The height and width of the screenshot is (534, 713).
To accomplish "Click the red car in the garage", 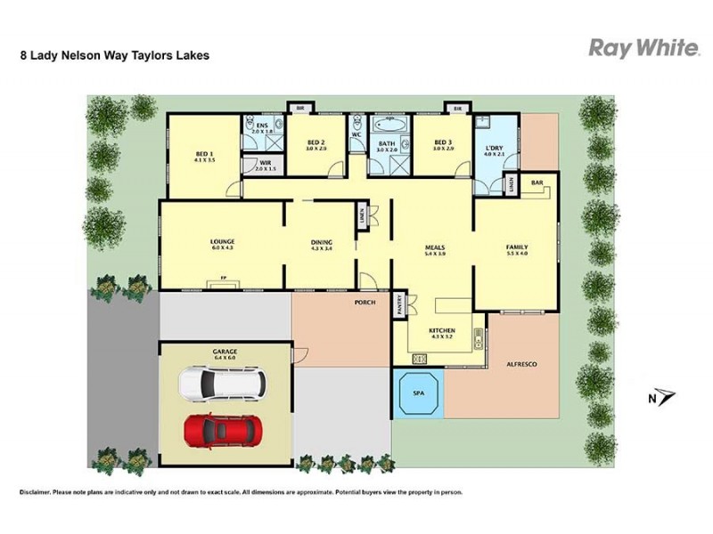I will [222, 430].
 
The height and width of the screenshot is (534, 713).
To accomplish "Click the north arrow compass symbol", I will [662, 398].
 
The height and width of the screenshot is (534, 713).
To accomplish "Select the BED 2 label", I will [317, 144].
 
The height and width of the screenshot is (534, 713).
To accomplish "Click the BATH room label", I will [386, 144].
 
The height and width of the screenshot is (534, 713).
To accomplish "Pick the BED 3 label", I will [444, 144].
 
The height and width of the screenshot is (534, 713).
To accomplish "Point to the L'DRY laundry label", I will [494, 150].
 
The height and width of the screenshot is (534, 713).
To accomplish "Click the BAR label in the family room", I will [537, 182].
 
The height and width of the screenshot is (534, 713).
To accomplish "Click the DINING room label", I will [321, 243].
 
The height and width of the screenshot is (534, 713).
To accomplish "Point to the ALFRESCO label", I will [521, 365].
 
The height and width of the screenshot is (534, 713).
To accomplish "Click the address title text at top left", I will [115, 54].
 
